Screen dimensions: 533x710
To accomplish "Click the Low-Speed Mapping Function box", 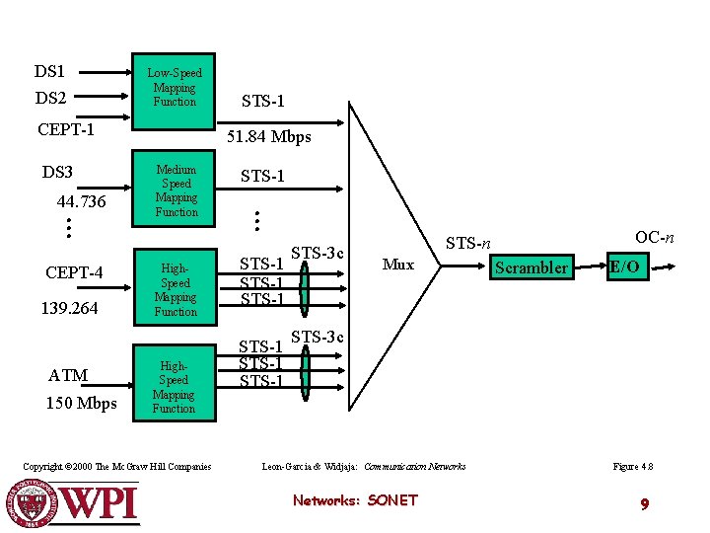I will (x=175, y=89).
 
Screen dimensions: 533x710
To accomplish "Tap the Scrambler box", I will (x=532, y=267).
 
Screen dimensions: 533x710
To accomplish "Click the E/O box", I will (x=625, y=266).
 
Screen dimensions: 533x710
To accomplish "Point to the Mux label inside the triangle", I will (x=397, y=265).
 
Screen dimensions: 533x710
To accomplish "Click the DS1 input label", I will (x=49, y=71).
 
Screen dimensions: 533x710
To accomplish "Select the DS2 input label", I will (x=50, y=98).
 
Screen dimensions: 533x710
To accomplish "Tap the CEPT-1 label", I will (x=66, y=129).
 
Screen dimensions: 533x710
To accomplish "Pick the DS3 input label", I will (x=57, y=172).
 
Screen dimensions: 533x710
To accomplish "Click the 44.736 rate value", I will (x=81, y=201).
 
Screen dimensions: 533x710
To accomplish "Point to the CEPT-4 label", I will (x=74, y=273).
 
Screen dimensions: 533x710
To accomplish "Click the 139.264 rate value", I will (x=69, y=309).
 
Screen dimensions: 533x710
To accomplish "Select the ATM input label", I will (x=68, y=375).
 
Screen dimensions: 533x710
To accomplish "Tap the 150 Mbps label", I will (x=81, y=403).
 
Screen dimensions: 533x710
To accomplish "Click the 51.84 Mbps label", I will (x=269, y=137).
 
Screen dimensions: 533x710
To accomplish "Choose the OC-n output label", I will (x=654, y=237).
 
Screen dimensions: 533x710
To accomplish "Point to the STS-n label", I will (x=468, y=243).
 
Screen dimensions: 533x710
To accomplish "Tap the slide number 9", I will (x=644, y=504).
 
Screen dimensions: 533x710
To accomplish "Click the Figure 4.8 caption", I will (x=633, y=466).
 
